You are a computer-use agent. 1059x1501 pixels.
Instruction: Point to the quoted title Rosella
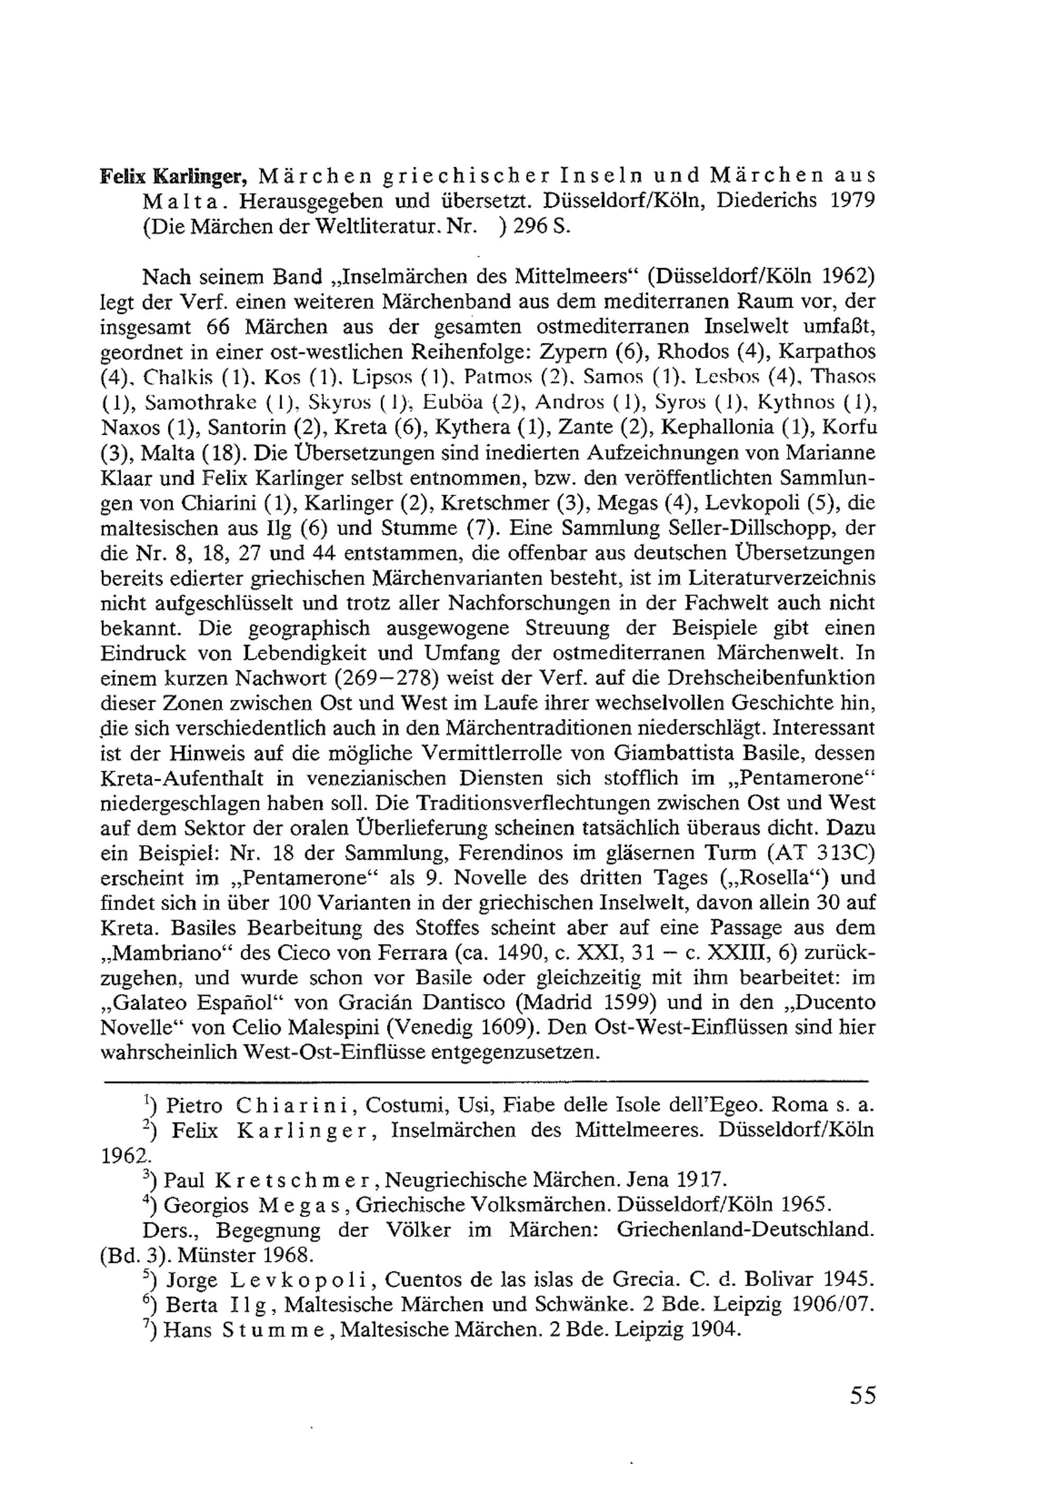[786, 877]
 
